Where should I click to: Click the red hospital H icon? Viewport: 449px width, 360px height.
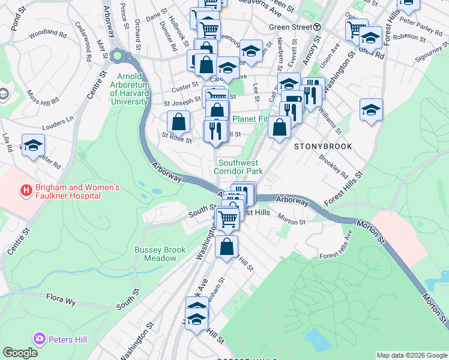[x=26, y=191]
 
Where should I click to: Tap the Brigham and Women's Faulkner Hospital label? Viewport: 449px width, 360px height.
[x=77, y=191]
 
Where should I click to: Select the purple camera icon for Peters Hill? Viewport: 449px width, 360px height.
[x=40, y=340]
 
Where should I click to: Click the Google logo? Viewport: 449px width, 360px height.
[x=20, y=353]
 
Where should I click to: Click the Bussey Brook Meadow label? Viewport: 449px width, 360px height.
[x=155, y=254]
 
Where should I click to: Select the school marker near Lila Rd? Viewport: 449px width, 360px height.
[x=33, y=146]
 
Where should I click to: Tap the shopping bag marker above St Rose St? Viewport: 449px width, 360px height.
[x=178, y=122]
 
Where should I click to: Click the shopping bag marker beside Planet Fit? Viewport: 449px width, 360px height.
[x=279, y=127]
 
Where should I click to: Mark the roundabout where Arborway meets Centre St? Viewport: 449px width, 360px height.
[x=116, y=56]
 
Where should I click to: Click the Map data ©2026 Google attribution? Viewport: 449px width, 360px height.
[x=412, y=355]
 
